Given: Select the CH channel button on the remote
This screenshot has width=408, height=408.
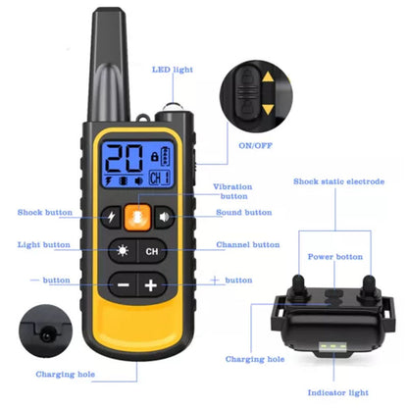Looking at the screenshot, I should click(x=151, y=251).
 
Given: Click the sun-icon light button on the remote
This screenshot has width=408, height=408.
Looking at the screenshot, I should click(x=123, y=251).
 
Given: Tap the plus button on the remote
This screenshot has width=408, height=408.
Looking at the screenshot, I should click(x=151, y=285).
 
